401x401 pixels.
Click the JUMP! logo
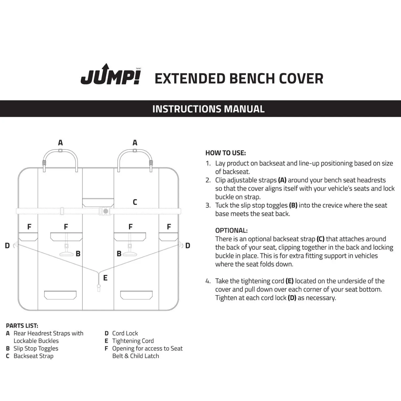(111, 75)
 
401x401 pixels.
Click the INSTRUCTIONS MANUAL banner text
(208, 109)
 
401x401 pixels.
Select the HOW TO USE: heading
(225, 153)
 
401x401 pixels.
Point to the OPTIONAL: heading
(231, 230)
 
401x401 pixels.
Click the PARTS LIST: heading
(22, 326)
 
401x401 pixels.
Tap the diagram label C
(135, 202)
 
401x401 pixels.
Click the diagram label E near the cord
(105, 278)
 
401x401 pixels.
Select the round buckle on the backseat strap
(105, 211)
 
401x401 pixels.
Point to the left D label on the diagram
(7, 246)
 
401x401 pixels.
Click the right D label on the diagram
(188, 246)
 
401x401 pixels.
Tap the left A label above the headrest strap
(60, 143)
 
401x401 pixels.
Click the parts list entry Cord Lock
(125, 333)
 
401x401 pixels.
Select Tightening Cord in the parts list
(133, 341)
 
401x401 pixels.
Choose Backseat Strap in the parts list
(33, 356)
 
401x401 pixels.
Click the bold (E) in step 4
(289, 281)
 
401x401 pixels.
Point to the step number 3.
(208, 205)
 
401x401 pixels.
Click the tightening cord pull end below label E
(99, 288)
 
